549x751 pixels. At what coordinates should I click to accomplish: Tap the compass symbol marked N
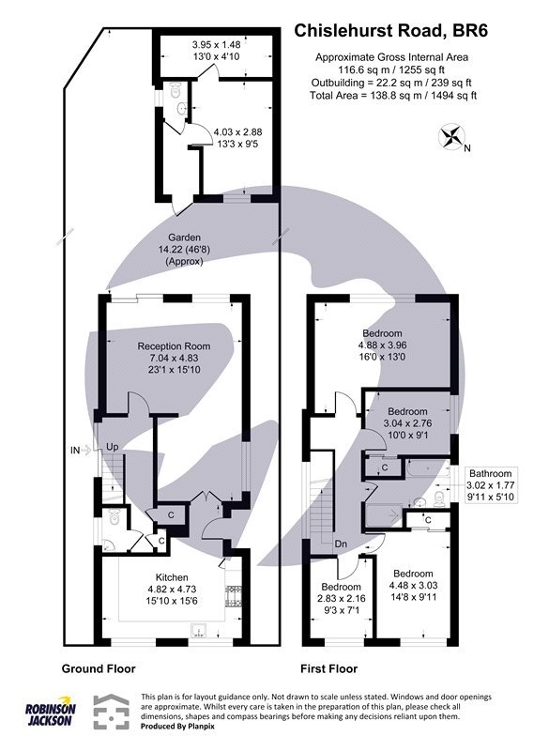click(453, 137)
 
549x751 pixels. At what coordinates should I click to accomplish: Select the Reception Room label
click(174, 345)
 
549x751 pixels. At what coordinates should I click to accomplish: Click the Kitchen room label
click(172, 576)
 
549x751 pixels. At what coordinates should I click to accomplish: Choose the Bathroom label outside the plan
click(492, 473)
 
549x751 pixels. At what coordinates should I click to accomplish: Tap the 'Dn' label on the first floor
click(340, 544)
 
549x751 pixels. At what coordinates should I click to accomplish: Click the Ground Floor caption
click(99, 669)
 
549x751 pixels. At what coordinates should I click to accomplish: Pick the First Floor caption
click(328, 669)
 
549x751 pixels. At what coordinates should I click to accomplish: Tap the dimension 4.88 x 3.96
click(383, 345)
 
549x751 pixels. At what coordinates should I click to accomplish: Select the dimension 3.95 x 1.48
click(216, 44)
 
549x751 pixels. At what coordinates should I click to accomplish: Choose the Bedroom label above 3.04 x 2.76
click(407, 411)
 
